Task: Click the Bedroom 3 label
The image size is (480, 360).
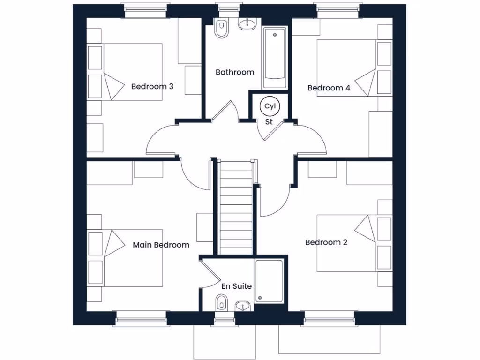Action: click(152, 86)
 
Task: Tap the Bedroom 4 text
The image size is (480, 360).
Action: click(329, 88)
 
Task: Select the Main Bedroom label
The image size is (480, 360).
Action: click(161, 245)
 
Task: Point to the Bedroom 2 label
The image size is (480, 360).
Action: click(326, 242)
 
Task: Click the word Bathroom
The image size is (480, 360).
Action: click(235, 72)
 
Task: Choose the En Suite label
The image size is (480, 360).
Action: click(237, 286)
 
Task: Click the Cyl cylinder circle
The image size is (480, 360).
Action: click(270, 106)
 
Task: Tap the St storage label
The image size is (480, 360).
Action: click(269, 122)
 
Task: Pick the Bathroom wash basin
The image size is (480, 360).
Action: click(247, 24)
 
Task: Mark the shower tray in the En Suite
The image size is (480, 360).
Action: click(269, 281)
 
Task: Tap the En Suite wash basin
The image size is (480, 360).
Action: click(242, 306)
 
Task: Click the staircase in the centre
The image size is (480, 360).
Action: click(236, 206)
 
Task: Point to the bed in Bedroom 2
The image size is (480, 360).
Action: click(347, 243)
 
